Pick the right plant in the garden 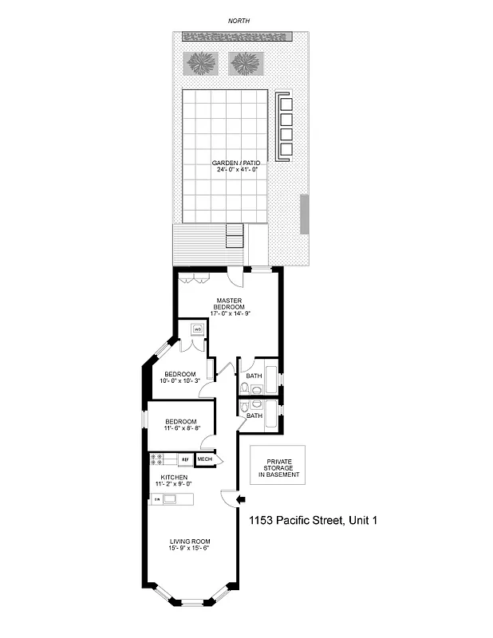tap(246, 62)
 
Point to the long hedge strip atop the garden tap(240, 37)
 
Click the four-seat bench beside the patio tap(285, 126)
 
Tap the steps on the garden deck tap(235, 237)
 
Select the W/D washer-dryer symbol tap(196, 329)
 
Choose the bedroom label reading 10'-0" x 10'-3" tap(180, 378)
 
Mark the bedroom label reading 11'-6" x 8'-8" tap(182, 424)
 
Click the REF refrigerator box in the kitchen tap(184, 459)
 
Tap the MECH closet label tap(204, 459)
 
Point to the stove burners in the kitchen tap(158, 459)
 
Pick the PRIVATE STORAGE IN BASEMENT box tap(279, 468)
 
